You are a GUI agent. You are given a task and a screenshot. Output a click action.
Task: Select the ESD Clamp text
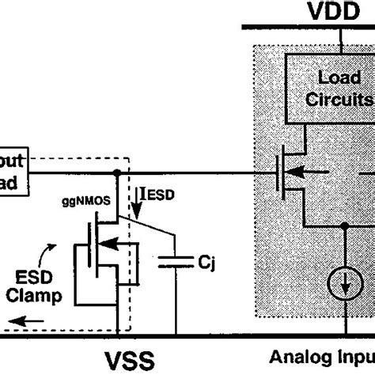pos(33,286)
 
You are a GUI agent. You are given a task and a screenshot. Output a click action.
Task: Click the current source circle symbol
pos(345,288)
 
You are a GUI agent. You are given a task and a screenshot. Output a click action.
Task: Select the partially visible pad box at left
pos(16,172)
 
